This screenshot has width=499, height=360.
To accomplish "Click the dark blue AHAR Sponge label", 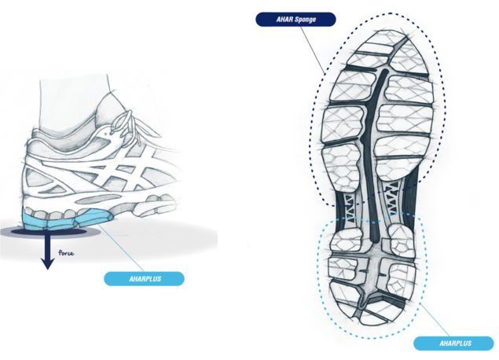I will [x=296, y=20].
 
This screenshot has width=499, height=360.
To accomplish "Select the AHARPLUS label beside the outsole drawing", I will [x=453, y=343].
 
